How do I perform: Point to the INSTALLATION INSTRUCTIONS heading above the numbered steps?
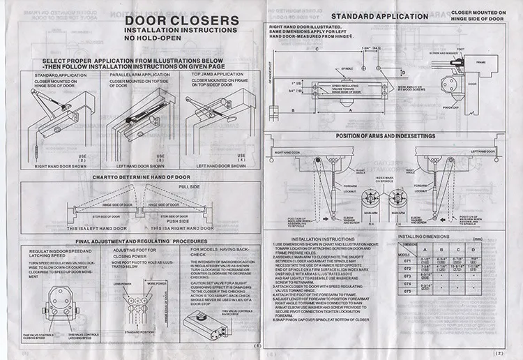325,239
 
